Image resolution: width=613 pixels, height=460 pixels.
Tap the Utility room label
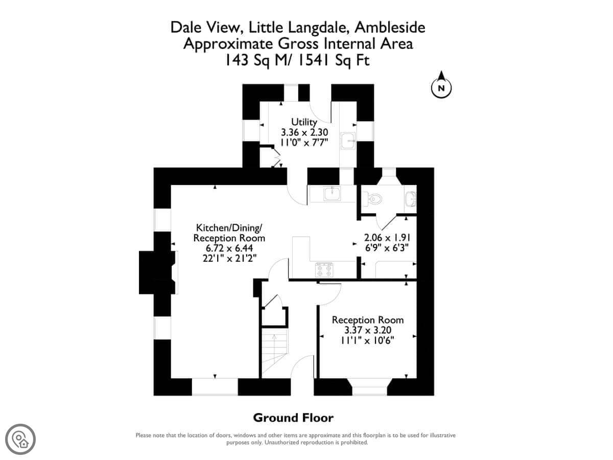tap(304, 122)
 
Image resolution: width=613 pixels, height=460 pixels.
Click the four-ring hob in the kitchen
tap(324, 270)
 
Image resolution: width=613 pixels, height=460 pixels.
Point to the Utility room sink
tap(348, 141)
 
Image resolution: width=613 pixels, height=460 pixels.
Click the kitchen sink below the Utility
tap(332, 193)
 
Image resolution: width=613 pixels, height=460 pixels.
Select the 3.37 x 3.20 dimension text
tap(367, 330)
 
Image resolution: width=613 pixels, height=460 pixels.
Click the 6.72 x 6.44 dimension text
tap(229, 248)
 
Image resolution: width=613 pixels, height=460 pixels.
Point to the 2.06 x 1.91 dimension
tap(387, 238)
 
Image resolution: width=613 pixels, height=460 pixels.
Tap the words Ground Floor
tap(293, 418)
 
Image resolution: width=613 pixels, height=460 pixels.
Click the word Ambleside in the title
tap(390, 28)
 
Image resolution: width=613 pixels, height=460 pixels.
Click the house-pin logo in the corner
tap(20, 440)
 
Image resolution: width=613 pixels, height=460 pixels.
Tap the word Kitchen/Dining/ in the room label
tap(229, 227)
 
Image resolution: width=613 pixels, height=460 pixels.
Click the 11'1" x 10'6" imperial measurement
tap(367, 341)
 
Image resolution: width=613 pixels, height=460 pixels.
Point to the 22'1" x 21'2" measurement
tap(229, 258)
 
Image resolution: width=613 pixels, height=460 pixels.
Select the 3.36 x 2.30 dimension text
tap(304, 132)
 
